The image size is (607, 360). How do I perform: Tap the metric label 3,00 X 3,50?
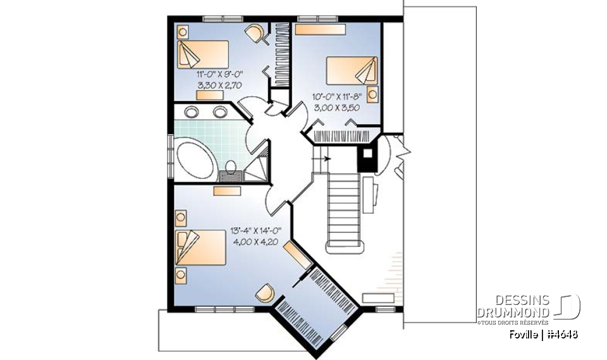(x=336, y=108)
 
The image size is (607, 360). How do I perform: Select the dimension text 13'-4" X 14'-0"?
(x=255, y=231)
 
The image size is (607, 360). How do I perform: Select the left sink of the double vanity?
(x=191, y=112)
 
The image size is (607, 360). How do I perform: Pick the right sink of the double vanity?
(x=220, y=112)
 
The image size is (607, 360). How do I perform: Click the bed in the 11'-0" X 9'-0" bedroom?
(x=203, y=54)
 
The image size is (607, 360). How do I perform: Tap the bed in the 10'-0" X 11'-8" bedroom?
(x=352, y=70)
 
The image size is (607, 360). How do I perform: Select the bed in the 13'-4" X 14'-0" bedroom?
(x=200, y=247)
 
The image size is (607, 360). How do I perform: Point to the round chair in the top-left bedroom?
(x=255, y=34)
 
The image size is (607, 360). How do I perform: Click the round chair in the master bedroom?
(x=266, y=292)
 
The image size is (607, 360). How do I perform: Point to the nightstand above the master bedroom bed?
(x=181, y=218)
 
